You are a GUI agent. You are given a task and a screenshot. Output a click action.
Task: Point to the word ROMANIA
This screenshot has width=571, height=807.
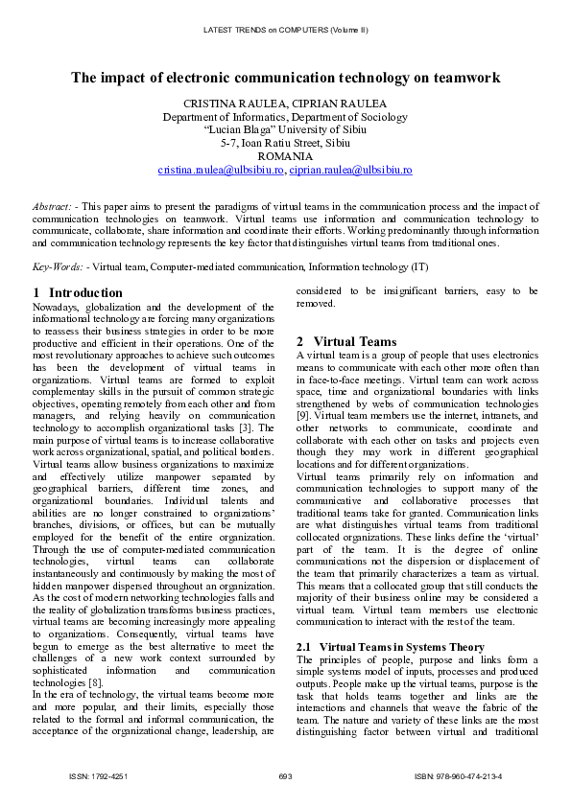tap(285, 156)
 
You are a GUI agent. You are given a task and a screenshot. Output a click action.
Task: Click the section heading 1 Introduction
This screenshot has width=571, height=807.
tap(78, 292)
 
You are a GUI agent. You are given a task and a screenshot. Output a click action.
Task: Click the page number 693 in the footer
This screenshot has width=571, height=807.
tap(285, 775)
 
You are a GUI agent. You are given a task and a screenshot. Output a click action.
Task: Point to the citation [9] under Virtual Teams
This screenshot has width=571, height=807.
tap(303, 416)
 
